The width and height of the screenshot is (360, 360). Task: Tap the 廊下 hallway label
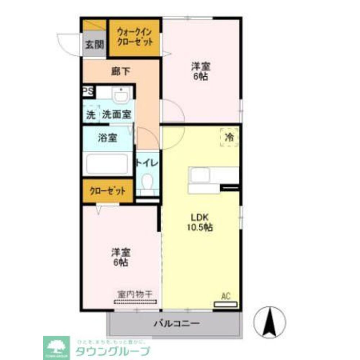coord(120,71)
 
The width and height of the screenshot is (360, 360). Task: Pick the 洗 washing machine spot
coord(91,115)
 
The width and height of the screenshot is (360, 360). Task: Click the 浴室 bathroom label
coord(107,138)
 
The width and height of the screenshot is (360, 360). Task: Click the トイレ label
coord(147,163)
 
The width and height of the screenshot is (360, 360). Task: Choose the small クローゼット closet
coord(107,191)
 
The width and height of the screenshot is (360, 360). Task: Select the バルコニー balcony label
coord(176,323)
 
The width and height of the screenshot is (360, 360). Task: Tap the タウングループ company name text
coord(112,351)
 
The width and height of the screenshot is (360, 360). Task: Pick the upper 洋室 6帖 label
coord(200,71)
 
